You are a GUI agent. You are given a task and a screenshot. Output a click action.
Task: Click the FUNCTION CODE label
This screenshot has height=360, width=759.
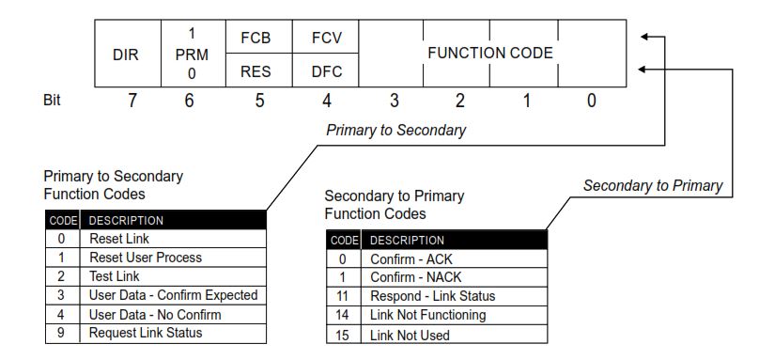click(489, 54)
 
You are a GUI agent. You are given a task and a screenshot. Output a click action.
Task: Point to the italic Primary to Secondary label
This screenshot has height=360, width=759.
click(395, 131)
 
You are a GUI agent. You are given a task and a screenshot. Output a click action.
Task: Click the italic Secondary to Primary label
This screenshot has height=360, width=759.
click(652, 186)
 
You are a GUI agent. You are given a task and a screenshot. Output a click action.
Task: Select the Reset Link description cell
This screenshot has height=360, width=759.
click(119, 239)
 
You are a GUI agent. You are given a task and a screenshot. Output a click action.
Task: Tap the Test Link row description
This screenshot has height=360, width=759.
click(115, 276)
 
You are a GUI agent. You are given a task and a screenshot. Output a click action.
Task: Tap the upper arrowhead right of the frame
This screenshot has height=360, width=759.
click(643, 38)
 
